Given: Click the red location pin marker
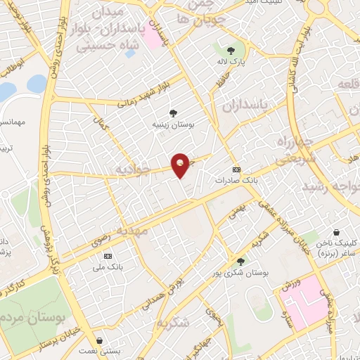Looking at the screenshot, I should pos(181,164).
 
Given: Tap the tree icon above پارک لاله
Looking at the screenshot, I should pos(230,49).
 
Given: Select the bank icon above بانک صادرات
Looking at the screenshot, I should pos(236,169).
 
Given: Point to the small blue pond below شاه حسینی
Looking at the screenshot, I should pos(130,53).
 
